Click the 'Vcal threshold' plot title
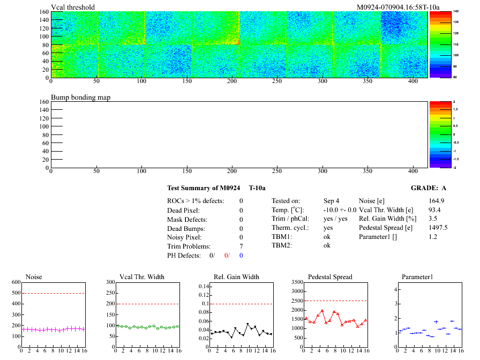tap(73, 7)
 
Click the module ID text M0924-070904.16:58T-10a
tap(398, 7)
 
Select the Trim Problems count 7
tap(242, 246)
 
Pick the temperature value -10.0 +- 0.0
tap(340, 210)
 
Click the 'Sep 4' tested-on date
tap(331, 201)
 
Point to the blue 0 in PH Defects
tap(241, 255)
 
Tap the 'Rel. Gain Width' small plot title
tap(236, 277)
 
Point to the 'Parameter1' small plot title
tap(417, 277)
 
